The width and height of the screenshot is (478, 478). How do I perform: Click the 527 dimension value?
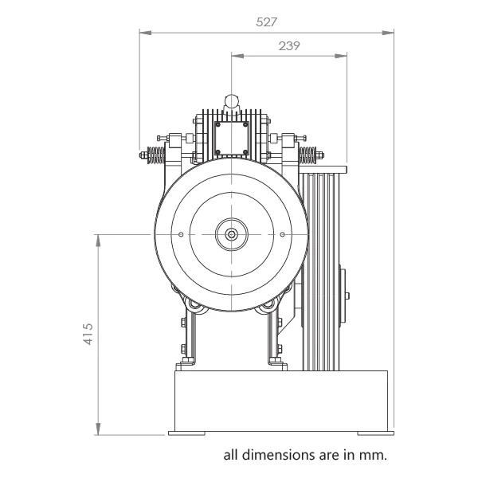[266, 22]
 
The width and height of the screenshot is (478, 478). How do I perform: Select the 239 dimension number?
[289, 46]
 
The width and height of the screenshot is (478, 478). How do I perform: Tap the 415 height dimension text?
[88, 334]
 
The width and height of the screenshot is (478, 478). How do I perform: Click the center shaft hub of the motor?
[232, 234]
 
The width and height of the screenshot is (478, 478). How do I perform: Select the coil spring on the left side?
[156, 155]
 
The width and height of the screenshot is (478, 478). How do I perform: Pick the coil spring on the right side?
[308, 155]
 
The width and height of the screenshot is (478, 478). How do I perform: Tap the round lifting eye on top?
[232, 101]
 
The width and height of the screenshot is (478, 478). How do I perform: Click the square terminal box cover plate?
[232, 139]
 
